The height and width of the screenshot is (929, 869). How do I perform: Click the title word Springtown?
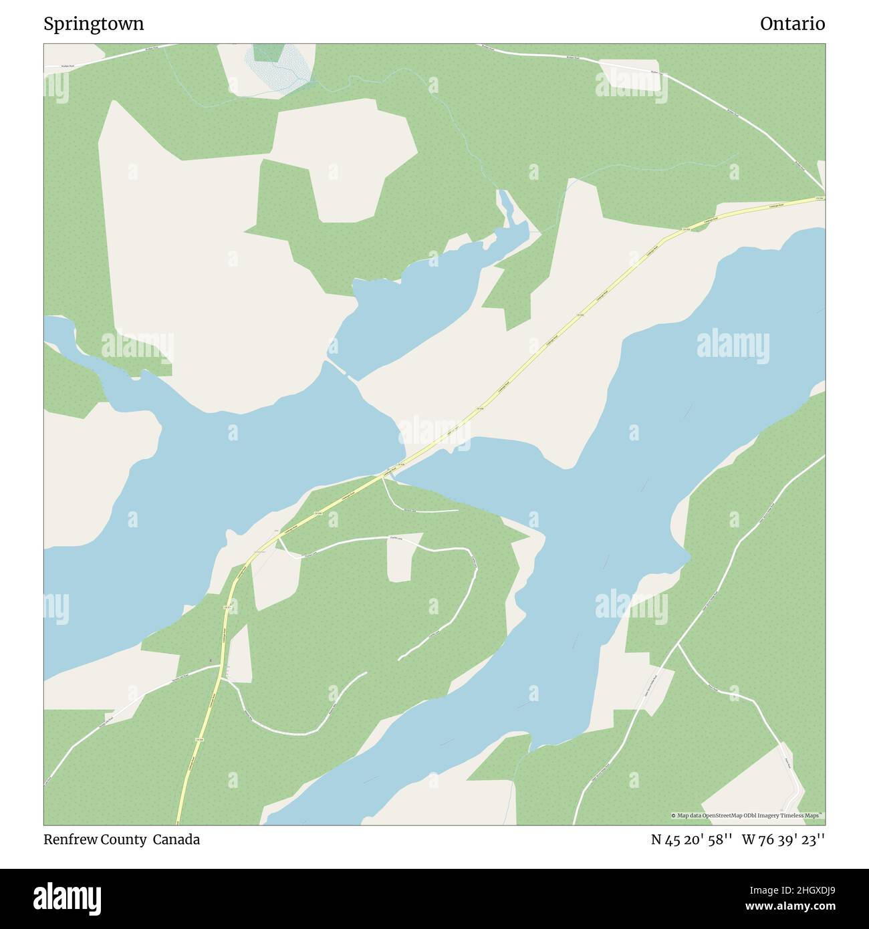coord(94,24)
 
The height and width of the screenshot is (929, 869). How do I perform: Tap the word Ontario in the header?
coord(792,24)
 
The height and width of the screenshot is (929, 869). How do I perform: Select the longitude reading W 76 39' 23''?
coord(783,839)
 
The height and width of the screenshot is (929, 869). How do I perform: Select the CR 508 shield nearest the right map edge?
coord(819,199)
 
